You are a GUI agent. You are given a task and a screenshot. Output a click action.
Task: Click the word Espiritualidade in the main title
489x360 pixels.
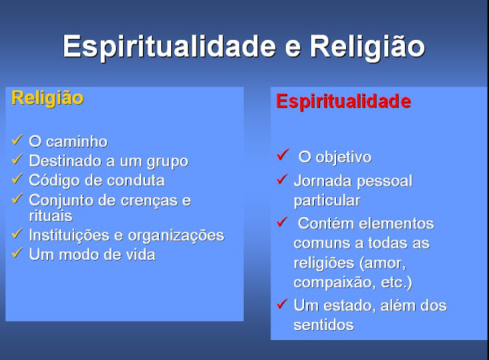pyautogui.click(x=170, y=47)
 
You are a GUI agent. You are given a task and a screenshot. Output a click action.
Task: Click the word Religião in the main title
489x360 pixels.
pyautogui.click(x=368, y=47)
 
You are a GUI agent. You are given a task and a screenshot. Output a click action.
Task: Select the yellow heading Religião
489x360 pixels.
pyautogui.click(x=47, y=99)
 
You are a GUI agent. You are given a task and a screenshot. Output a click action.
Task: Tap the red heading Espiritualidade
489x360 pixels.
pyautogui.click(x=344, y=102)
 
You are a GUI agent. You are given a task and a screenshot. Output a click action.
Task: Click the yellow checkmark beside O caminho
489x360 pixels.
pyautogui.click(x=17, y=140)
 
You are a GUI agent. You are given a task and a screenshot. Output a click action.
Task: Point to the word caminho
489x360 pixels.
pyautogui.click(x=76, y=142)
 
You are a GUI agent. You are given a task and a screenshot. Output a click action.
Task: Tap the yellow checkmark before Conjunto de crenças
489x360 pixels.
pyautogui.click(x=17, y=199)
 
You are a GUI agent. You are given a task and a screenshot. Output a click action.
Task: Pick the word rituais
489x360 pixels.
pyautogui.click(x=50, y=216)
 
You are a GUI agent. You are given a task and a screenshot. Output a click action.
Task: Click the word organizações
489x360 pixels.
pyautogui.click(x=176, y=236)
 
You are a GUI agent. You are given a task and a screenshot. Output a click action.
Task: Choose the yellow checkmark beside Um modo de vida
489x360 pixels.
pyautogui.click(x=17, y=253)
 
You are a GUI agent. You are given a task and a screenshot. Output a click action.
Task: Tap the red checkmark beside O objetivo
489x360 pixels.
pyautogui.click(x=283, y=154)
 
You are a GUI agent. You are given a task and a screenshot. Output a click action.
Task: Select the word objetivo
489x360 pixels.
pyautogui.click(x=344, y=157)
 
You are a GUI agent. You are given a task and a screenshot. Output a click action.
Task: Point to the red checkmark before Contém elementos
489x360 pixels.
pyautogui.click(x=282, y=222)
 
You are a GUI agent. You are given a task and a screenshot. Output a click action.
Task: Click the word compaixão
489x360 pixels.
pyautogui.click(x=335, y=283)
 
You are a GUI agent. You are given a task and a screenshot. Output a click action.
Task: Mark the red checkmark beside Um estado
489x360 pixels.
pyautogui.click(x=282, y=303)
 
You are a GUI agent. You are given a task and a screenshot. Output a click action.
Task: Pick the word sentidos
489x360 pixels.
pyautogui.click(x=324, y=326)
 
